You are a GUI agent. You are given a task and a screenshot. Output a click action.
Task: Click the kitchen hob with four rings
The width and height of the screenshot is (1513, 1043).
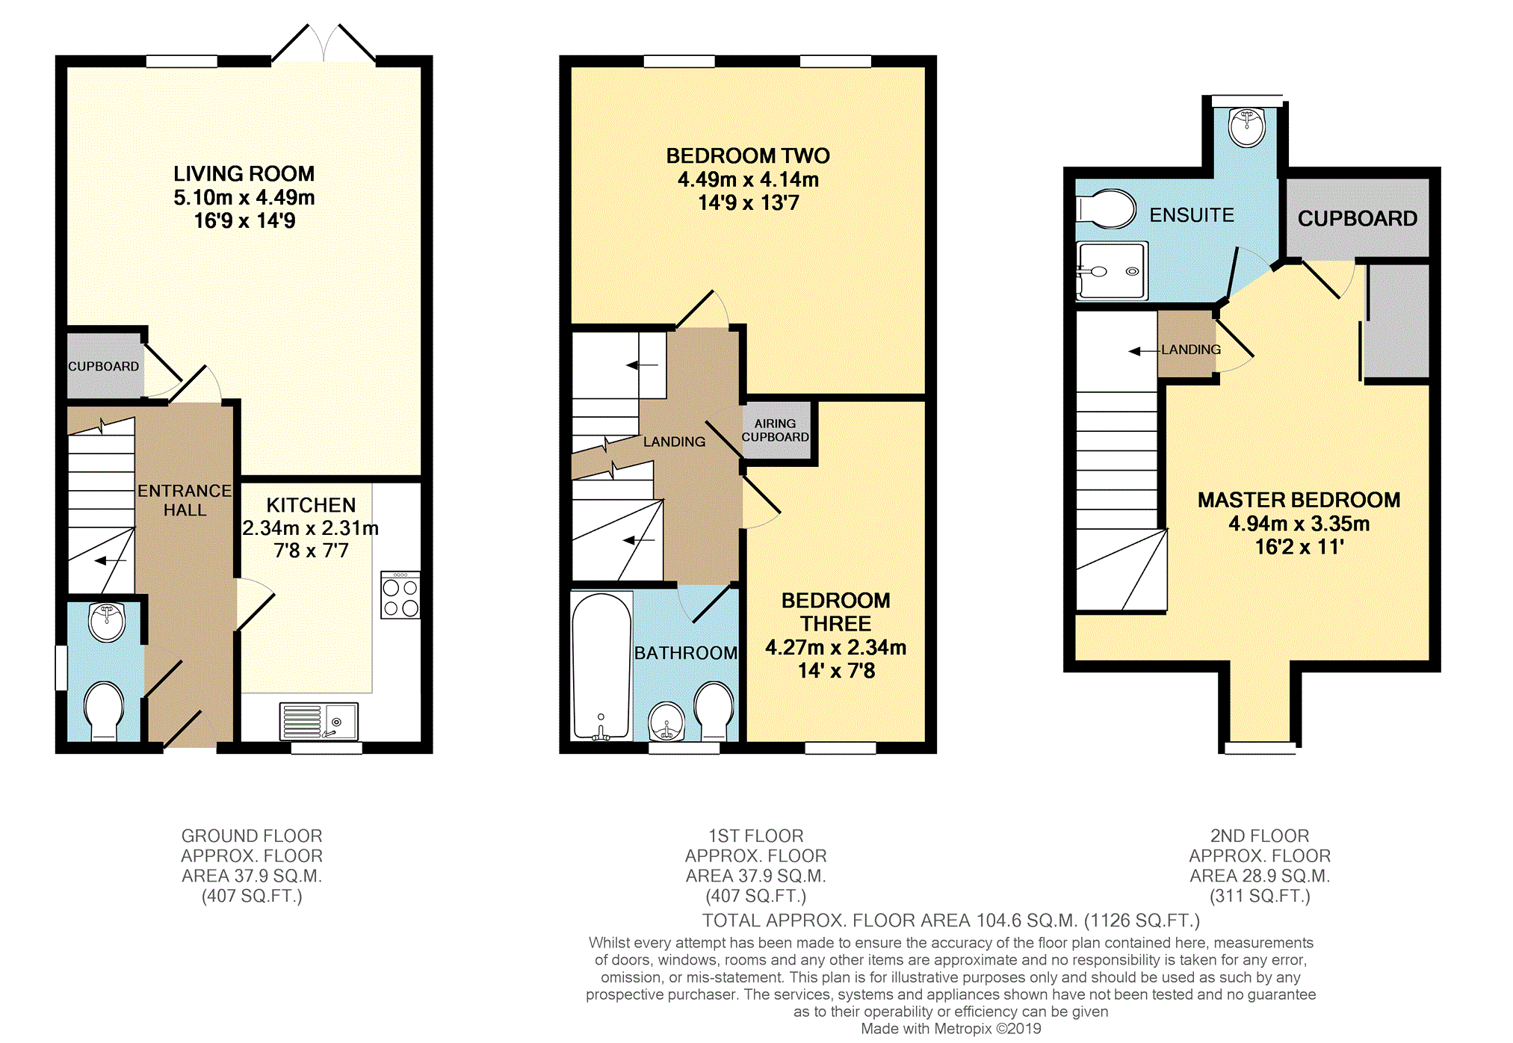[x=400, y=596]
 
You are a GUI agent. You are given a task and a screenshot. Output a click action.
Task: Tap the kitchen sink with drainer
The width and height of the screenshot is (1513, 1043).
[x=319, y=721]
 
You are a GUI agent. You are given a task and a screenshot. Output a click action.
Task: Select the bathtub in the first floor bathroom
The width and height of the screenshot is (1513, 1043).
[x=601, y=665]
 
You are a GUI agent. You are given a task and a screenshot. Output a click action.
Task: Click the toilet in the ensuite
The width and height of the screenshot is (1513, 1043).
[x=1106, y=208]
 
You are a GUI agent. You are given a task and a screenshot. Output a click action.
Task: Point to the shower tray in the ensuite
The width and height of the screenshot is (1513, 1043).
[x=1112, y=271]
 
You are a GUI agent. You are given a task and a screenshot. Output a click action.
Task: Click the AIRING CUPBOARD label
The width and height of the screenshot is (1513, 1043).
[x=775, y=430]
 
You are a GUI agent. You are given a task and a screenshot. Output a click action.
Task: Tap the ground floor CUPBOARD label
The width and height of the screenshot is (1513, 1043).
[x=103, y=366]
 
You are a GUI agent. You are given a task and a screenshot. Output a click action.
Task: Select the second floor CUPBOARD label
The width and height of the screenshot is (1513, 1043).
[x=1357, y=218]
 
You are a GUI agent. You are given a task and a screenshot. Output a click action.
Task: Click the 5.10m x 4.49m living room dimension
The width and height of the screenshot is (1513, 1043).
[x=244, y=197]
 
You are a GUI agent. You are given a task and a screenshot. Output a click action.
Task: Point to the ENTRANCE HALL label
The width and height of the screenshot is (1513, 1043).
[x=185, y=501]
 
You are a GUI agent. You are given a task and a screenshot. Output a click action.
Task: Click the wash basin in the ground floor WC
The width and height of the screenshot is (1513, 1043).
[x=106, y=622]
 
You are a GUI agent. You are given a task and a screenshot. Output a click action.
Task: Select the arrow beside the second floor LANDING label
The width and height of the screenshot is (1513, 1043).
[x=1143, y=350]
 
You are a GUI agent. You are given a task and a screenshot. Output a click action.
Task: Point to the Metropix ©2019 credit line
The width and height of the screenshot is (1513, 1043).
[x=950, y=1029]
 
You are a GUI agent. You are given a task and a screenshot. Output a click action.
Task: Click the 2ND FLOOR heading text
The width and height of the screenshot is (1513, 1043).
[x=1260, y=835]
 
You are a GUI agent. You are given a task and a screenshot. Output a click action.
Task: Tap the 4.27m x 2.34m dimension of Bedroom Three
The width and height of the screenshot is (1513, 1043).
[x=835, y=648]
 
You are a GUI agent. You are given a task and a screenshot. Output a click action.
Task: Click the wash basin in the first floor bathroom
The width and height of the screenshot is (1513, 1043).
[x=666, y=722]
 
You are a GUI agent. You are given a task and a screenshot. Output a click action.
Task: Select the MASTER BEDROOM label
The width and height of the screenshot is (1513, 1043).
[x=1299, y=500]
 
